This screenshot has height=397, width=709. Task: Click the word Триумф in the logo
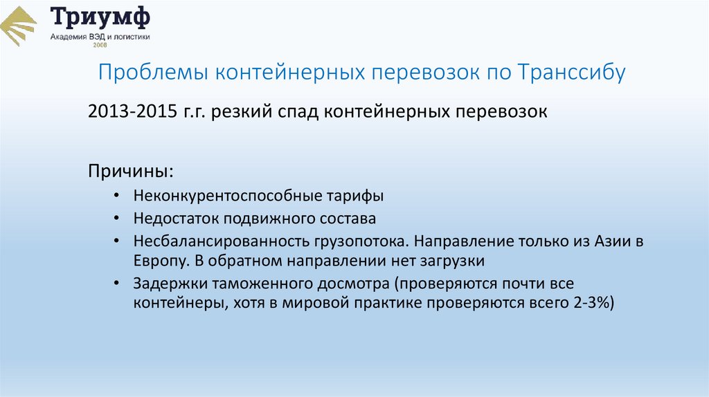tap(100, 17)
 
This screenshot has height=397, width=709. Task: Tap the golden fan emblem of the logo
tap(19, 26)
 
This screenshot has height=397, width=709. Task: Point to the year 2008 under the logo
tap(100, 46)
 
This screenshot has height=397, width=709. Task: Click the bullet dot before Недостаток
tap(120, 219)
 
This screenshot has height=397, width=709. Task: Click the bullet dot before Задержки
tap(120, 284)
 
